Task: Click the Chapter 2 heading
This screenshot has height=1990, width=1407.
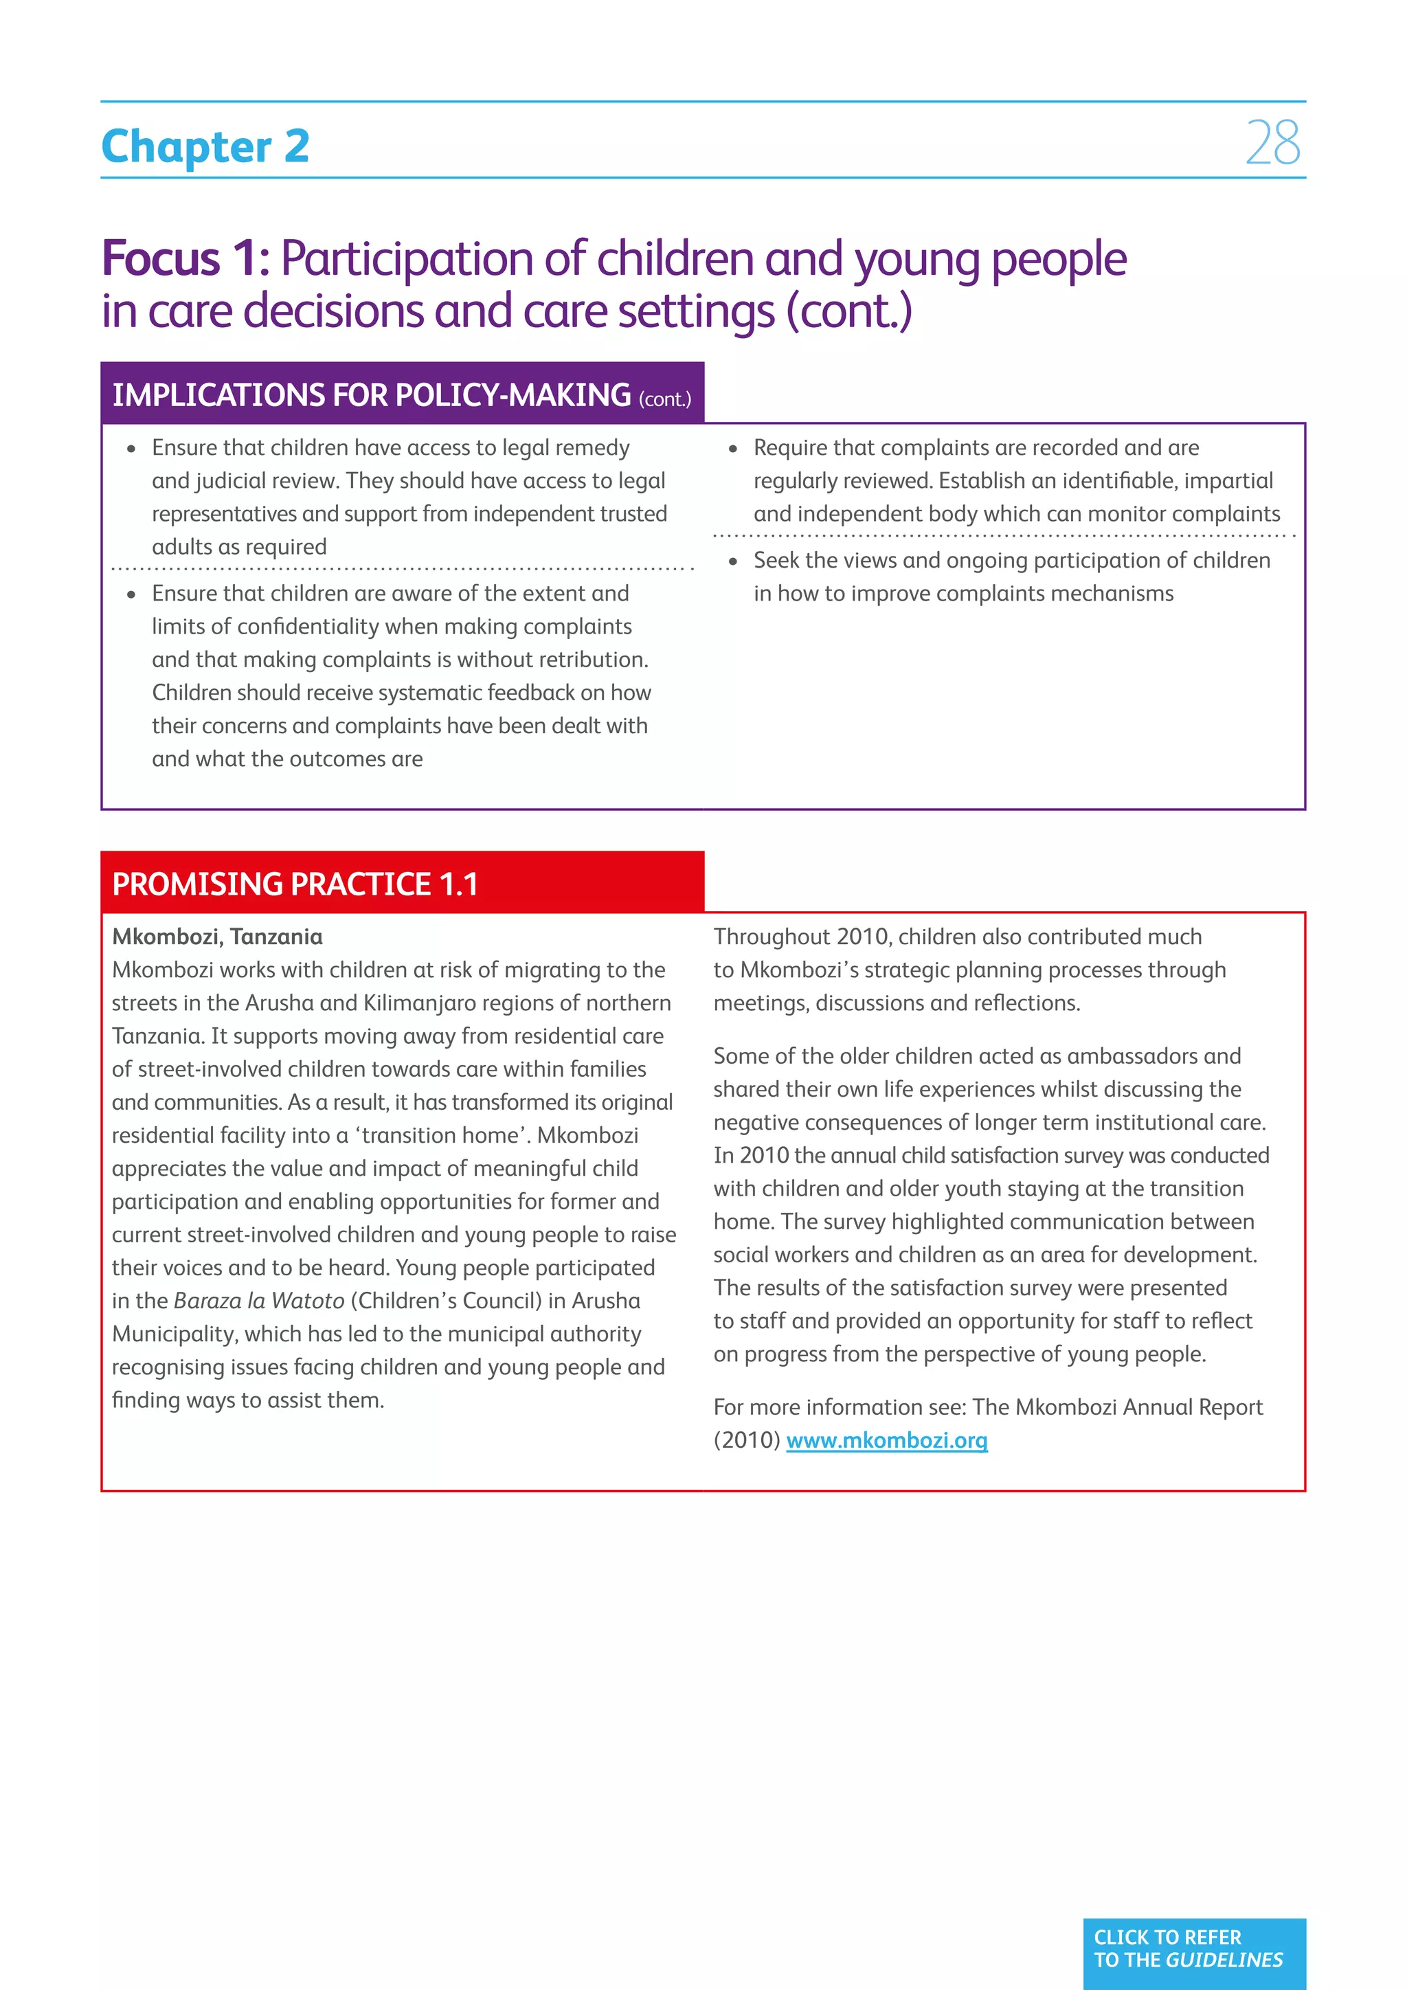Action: [x=205, y=146]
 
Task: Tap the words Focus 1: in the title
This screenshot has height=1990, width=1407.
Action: [x=185, y=259]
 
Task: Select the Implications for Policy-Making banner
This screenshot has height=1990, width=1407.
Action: [x=402, y=394]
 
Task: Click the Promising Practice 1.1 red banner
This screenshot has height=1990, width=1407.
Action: [x=402, y=883]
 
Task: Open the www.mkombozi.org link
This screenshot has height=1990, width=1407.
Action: [x=886, y=1440]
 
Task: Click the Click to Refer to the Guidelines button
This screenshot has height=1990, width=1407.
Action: [x=1194, y=1948]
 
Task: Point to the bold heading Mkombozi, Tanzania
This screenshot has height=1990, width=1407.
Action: [x=218, y=937]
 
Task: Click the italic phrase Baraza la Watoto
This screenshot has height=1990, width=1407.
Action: [x=259, y=1301]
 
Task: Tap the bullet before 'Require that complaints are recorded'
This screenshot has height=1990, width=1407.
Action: [x=733, y=449]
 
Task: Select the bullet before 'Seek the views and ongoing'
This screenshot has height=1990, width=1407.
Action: [x=733, y=561]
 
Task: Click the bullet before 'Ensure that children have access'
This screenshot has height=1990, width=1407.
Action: [x=132, y=449]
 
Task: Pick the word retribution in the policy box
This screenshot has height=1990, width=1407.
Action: [x=594, y=660]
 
